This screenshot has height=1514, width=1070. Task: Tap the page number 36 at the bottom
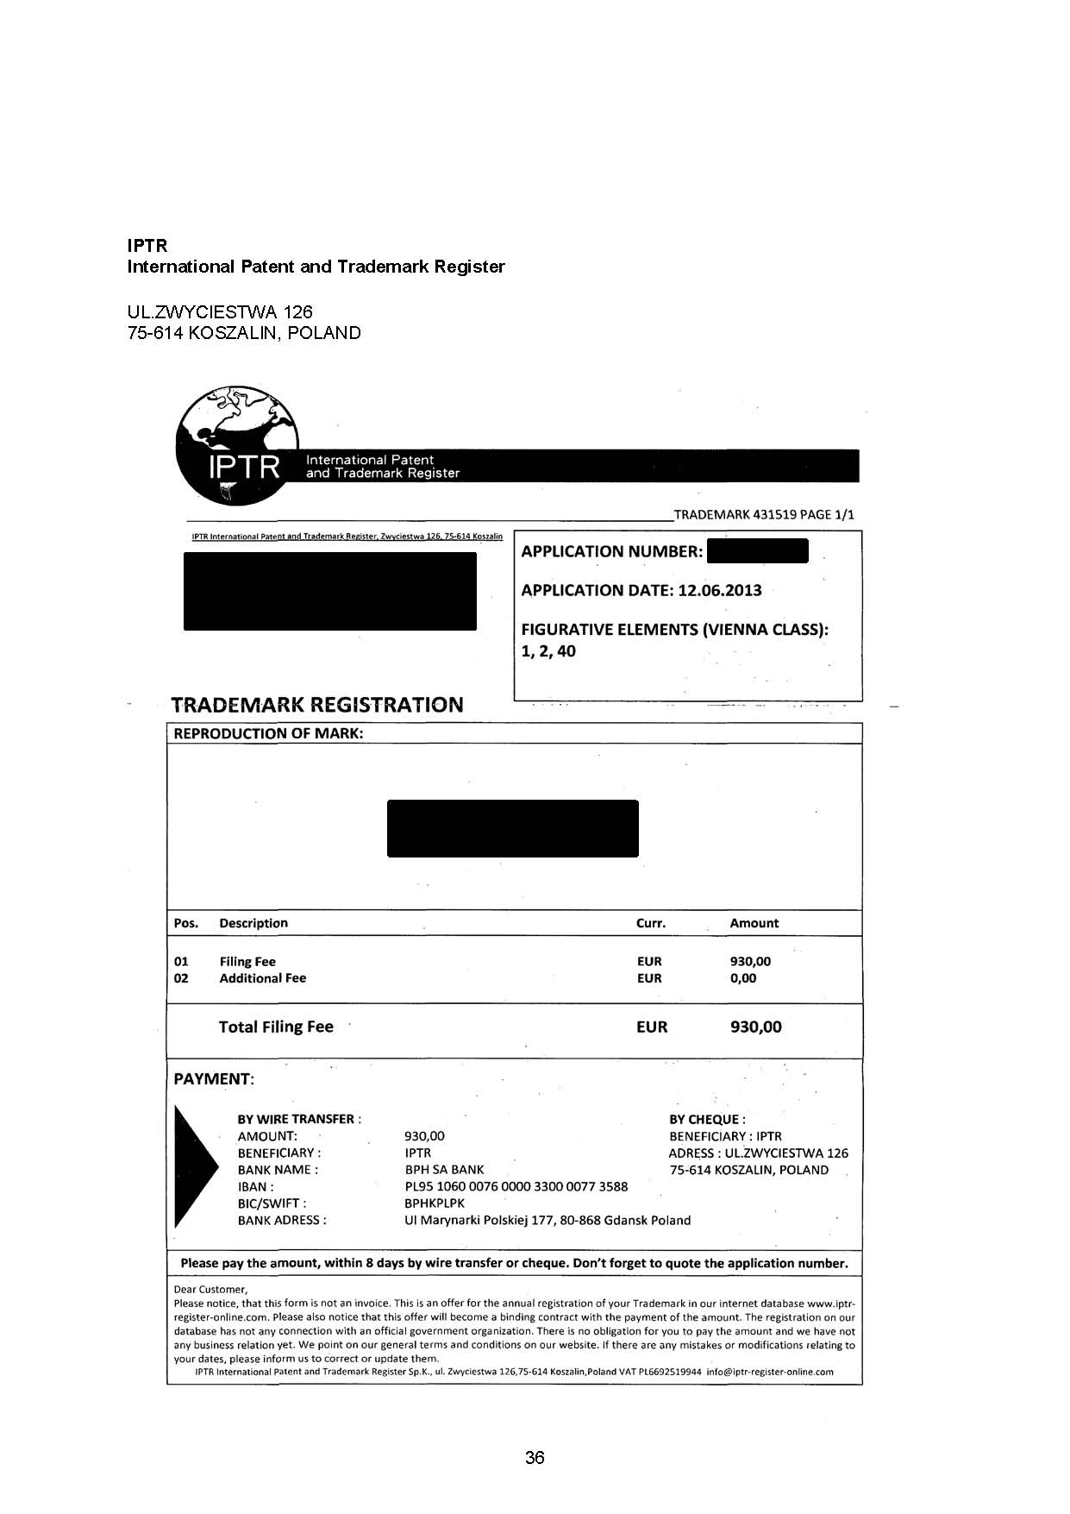[x=535, y=1457]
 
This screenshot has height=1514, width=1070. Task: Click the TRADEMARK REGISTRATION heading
[x=317, y=705]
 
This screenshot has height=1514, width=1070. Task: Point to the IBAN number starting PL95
[x=516, y=1186]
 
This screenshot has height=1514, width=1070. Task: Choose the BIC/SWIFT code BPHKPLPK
[x=435, y=1203]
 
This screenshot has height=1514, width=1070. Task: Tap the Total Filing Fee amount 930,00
[x=755, y=1027]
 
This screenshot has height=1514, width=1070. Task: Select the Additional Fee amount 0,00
[x=742, y=978]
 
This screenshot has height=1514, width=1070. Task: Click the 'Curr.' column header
[x=650, y=923]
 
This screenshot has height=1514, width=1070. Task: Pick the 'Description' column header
[x=253, y=923]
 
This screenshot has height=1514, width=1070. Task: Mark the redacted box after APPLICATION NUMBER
[x=757, y=550]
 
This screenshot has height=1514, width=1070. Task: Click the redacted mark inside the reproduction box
[x=512, y=828]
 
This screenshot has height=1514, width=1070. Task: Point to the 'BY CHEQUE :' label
[x=707, y=1119]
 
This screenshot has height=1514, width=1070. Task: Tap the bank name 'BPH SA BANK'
[x=444, y=1170]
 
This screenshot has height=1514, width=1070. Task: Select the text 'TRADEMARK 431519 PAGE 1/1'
[x=764, y=515]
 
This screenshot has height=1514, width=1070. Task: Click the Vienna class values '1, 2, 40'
[x=548, y=651]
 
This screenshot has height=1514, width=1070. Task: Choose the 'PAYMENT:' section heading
[x=214, y=1079]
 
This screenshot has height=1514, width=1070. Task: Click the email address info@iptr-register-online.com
[x=770, y=1372]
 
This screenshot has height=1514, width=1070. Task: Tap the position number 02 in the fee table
[x=181, y=978]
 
